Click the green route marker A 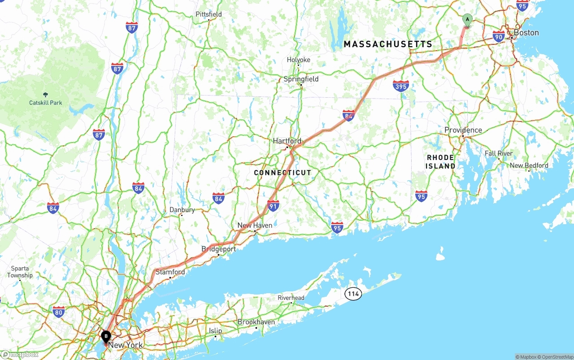(467, 20)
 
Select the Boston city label (526, 33)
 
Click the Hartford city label (287, 141)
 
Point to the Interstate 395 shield (400, 86)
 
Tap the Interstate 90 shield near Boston (498, 36)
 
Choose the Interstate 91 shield (273, 205)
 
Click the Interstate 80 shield (58, 312)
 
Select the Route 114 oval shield (353, 294)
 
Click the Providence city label (463, 130)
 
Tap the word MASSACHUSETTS (388, 44)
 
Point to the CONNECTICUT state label (283, 173)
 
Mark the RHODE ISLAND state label (440, 162)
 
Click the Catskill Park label (46, 103)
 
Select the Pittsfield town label (209, 14)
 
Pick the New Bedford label (529, 165)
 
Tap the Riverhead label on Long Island (291, 298)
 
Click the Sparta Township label (20, 272)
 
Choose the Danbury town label (182, 210)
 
